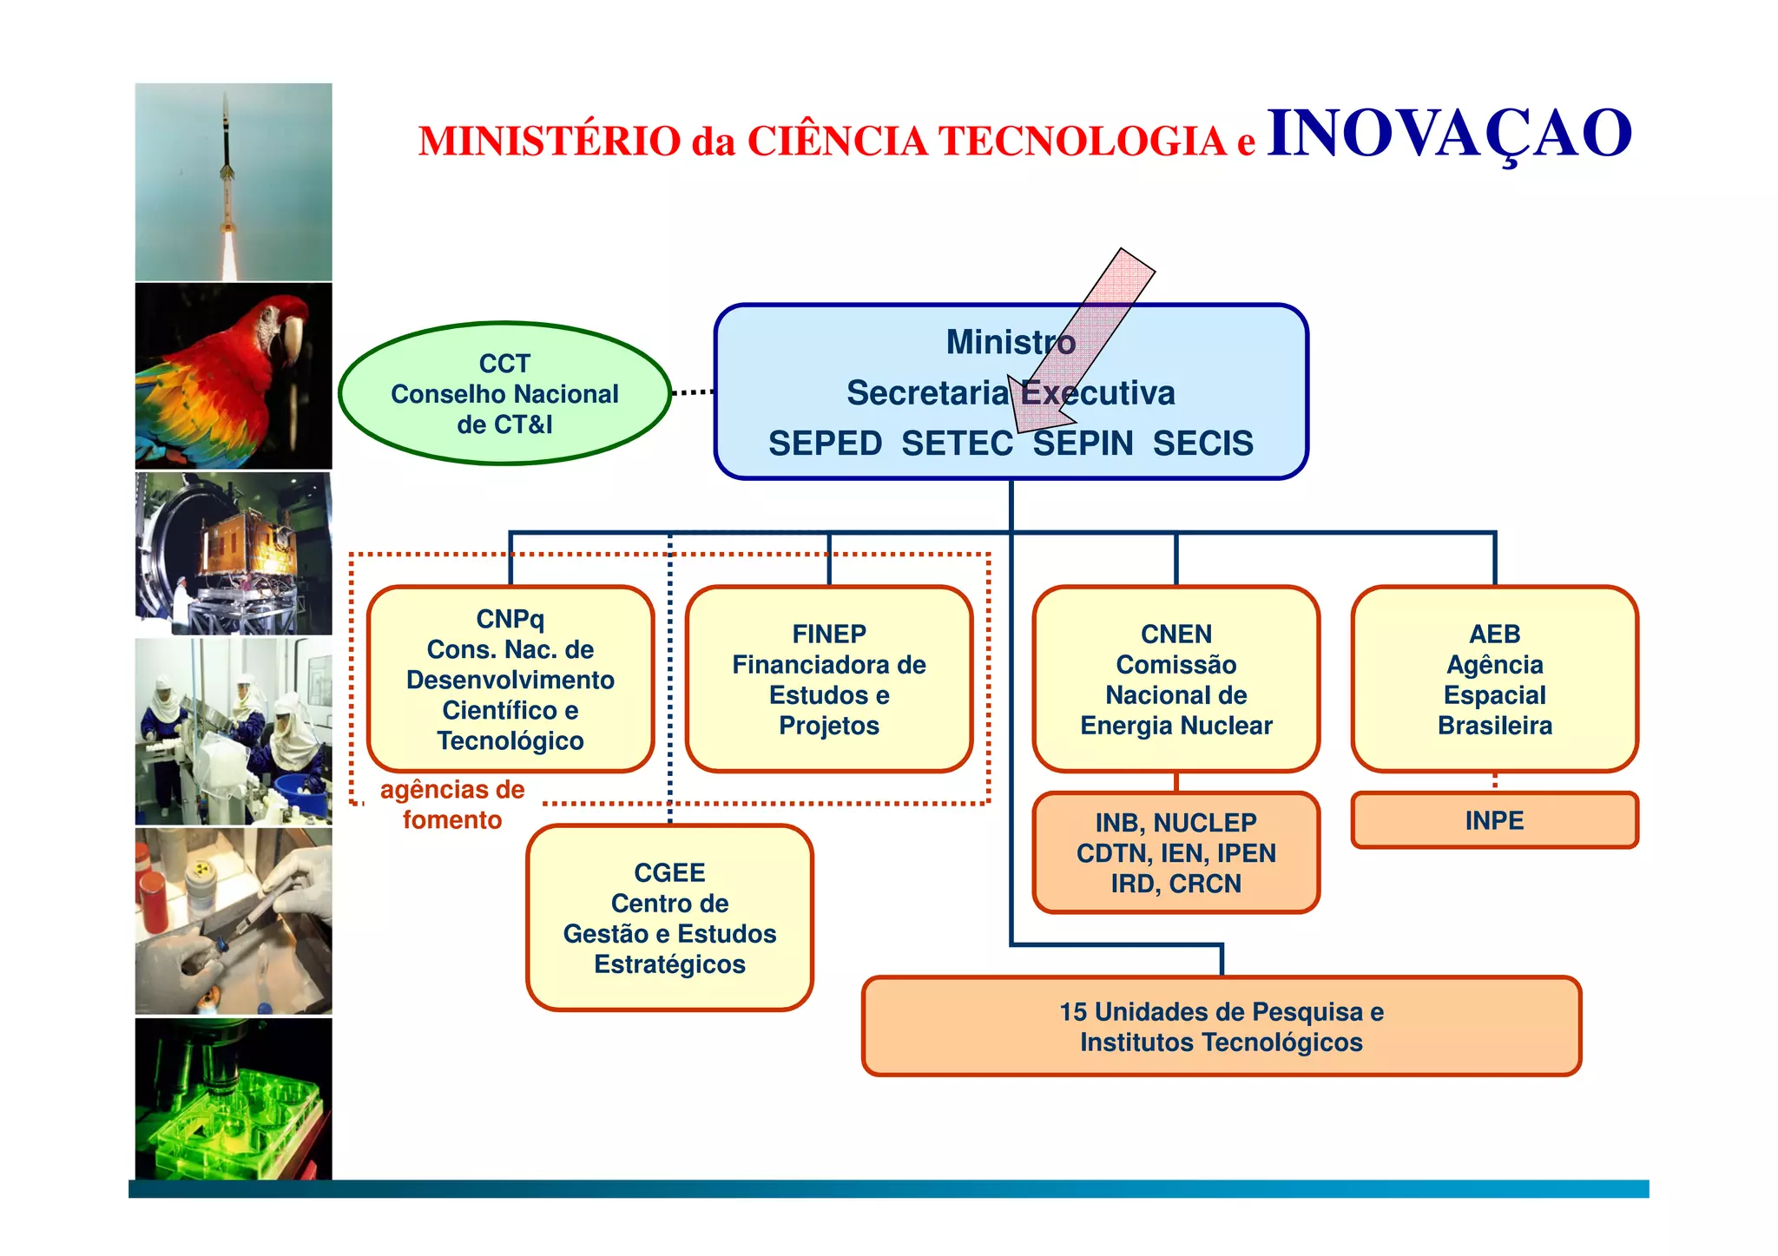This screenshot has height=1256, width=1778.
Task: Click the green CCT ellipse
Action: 504,393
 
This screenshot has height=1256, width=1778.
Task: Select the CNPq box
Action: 510,679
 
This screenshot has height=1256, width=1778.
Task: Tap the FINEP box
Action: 829,679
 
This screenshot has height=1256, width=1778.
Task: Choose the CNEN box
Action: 1175,679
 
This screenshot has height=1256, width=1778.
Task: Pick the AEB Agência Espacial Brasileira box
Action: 1494,679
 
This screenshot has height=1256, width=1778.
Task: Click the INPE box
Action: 1494,820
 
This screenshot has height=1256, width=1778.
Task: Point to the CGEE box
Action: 669,917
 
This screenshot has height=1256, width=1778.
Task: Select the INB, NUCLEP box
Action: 1175,852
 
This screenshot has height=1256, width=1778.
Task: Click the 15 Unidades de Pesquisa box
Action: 1221,1026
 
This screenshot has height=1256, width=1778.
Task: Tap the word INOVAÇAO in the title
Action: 1449,135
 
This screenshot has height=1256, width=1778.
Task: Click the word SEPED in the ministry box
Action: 825,444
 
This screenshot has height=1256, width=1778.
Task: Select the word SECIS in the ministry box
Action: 1202,444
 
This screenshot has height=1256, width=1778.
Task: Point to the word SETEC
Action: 957,444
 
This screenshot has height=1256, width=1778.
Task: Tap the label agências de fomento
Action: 452,805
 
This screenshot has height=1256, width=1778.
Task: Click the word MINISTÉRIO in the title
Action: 550,141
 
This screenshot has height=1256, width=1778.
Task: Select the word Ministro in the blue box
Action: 1011,342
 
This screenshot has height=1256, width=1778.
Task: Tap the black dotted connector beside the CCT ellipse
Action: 693,392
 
